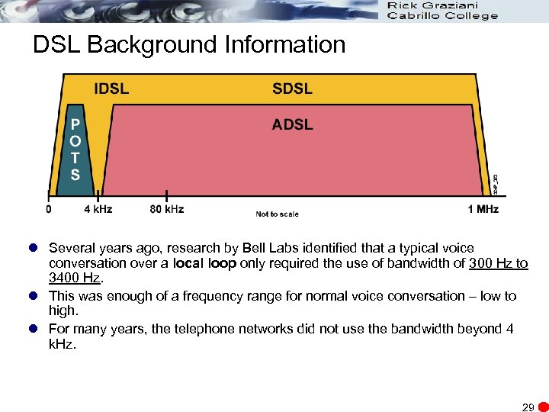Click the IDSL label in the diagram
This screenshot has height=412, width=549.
click(x=111, y=88)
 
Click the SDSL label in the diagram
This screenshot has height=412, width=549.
click(x=292, y=88)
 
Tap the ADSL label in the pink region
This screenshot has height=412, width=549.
click(x=292, y=124)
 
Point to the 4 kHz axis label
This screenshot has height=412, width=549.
click(x=98, y=208)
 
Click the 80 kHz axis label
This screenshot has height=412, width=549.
click(x=167, y=208)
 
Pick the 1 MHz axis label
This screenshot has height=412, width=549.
click(x=484, y=208)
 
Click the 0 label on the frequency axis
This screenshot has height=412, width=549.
click(x=50, y=208)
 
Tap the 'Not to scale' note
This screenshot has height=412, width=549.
click(x=277, y=214)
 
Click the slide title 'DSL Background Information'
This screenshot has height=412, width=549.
click(x=189, y=45)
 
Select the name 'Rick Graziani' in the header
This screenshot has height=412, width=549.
click(x=433, y=6)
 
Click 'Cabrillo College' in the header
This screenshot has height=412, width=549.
click(x=442, y=16)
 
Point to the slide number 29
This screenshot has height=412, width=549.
click(x=528, y=407)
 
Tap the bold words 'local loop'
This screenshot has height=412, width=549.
click(x=205, y=263)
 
